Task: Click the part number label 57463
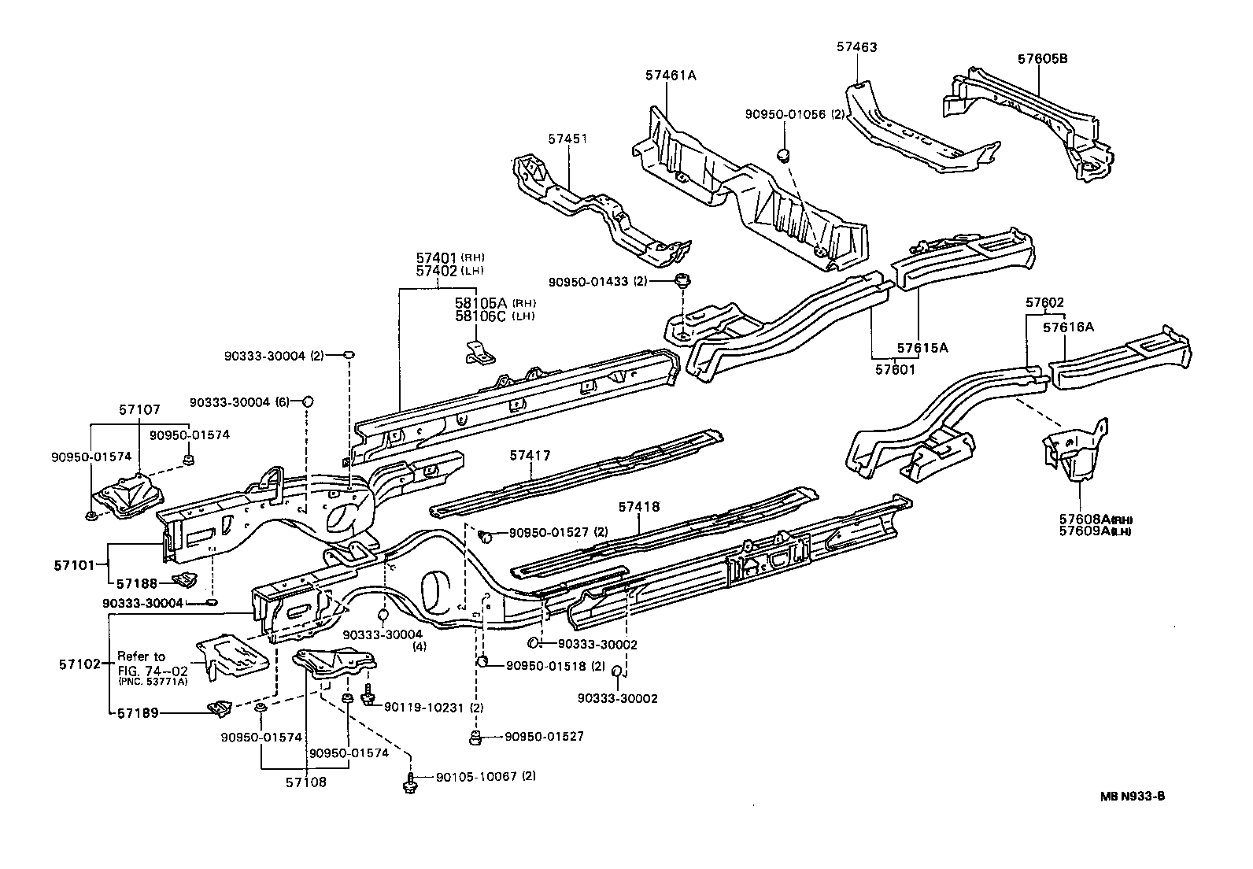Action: pyautogui.click(x=856, y=47)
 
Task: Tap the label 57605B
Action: pyautogui.click(x=1042, y=59)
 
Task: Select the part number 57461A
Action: pyautogui.click(x=671, y=76)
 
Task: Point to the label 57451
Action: pyautogui.click(x=567, y=139)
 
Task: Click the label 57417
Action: pyautogui.click(x=530, y=456)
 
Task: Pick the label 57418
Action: pyautogui.click(x=638, y=508)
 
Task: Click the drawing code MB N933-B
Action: pyautogui.click(x=1133, y=796)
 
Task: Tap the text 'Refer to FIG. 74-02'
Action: pyautogui.click(x=142, y=663)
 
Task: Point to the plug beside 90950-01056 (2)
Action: pyautogui.click(x=784, y=153)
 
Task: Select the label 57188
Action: pyautogui.click(x=138, y=584)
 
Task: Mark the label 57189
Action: pyautogui.click(x=139, y=713)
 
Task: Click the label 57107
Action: pyautogui.click(x=139, y=409)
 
